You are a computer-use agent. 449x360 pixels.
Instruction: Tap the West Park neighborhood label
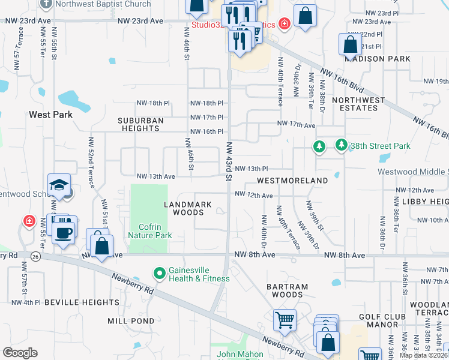pos(50,115)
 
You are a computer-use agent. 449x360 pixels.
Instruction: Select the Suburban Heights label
pos(142,124)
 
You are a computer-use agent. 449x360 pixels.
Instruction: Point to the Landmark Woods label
pos(188,208)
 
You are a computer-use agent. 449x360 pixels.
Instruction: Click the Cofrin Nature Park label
pos(150,231)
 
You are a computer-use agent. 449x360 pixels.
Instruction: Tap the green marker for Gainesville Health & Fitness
pos(160,274)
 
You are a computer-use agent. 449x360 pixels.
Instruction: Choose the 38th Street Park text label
pos(380,146)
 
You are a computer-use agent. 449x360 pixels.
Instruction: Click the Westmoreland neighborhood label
pos(292,180)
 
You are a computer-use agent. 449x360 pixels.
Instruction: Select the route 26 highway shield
pos(35,257)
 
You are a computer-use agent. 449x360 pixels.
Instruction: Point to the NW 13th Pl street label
pos(251,169)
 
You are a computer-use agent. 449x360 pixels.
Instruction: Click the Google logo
pos(20,353)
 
